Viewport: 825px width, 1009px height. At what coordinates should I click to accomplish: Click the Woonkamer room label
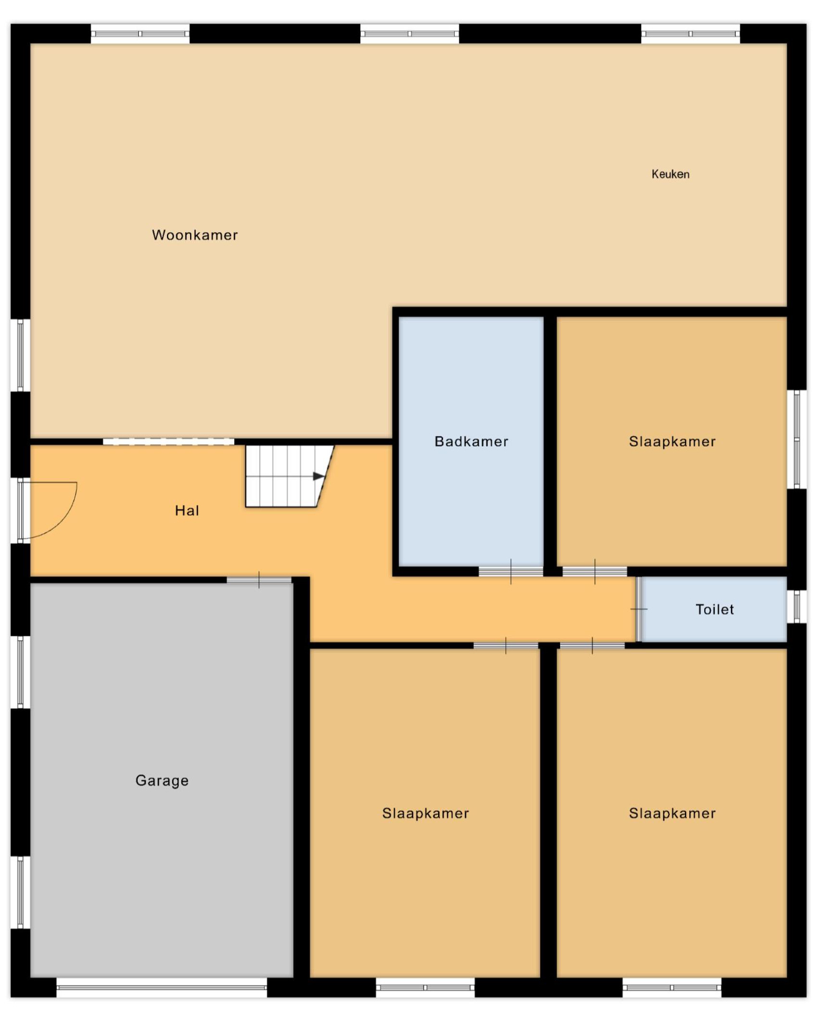coord(195,235)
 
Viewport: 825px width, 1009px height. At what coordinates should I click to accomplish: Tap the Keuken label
coord(670,174)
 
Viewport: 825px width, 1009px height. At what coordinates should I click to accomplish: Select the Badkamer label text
coord(472,442)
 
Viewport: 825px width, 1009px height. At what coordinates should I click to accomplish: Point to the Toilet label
coord(715,609)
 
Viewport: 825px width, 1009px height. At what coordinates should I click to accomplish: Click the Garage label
coord(162,781)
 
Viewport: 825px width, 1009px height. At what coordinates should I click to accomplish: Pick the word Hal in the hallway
coord(187,511)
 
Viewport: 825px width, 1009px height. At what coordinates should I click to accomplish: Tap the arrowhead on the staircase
coord(319,476)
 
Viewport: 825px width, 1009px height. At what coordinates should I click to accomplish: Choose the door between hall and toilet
coord(639,609)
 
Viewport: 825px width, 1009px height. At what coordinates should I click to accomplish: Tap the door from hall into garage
coord(259,580)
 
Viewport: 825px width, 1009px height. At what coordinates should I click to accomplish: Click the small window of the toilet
coord(796,607)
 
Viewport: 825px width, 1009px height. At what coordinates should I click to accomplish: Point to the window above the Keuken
coord(690,34)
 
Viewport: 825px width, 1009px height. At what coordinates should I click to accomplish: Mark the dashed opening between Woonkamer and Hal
coord(168,442)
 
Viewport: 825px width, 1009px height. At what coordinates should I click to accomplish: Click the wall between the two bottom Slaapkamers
coord(548,812)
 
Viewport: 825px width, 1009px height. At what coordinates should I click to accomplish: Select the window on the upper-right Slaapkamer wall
coord(796,439)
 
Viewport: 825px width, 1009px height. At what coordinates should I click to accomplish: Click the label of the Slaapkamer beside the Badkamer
coord(672,442)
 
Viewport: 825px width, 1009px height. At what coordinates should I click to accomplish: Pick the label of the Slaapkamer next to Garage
coord(426,813)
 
